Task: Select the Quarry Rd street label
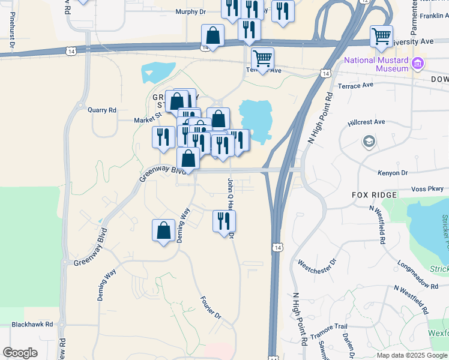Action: click(101, 110)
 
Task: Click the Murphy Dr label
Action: click(190, 11)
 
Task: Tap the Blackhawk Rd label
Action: click(32, 324)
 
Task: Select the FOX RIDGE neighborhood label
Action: click(374, 196)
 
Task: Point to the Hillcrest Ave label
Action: click(366, 122)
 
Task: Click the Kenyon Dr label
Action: click(393, 173)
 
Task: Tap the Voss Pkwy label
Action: click(427, 189)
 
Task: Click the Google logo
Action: click(20, 353)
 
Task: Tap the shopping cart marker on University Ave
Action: click(381, 37)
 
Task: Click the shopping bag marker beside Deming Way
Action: click(163, 230)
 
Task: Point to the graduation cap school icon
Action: click(369, 142)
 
